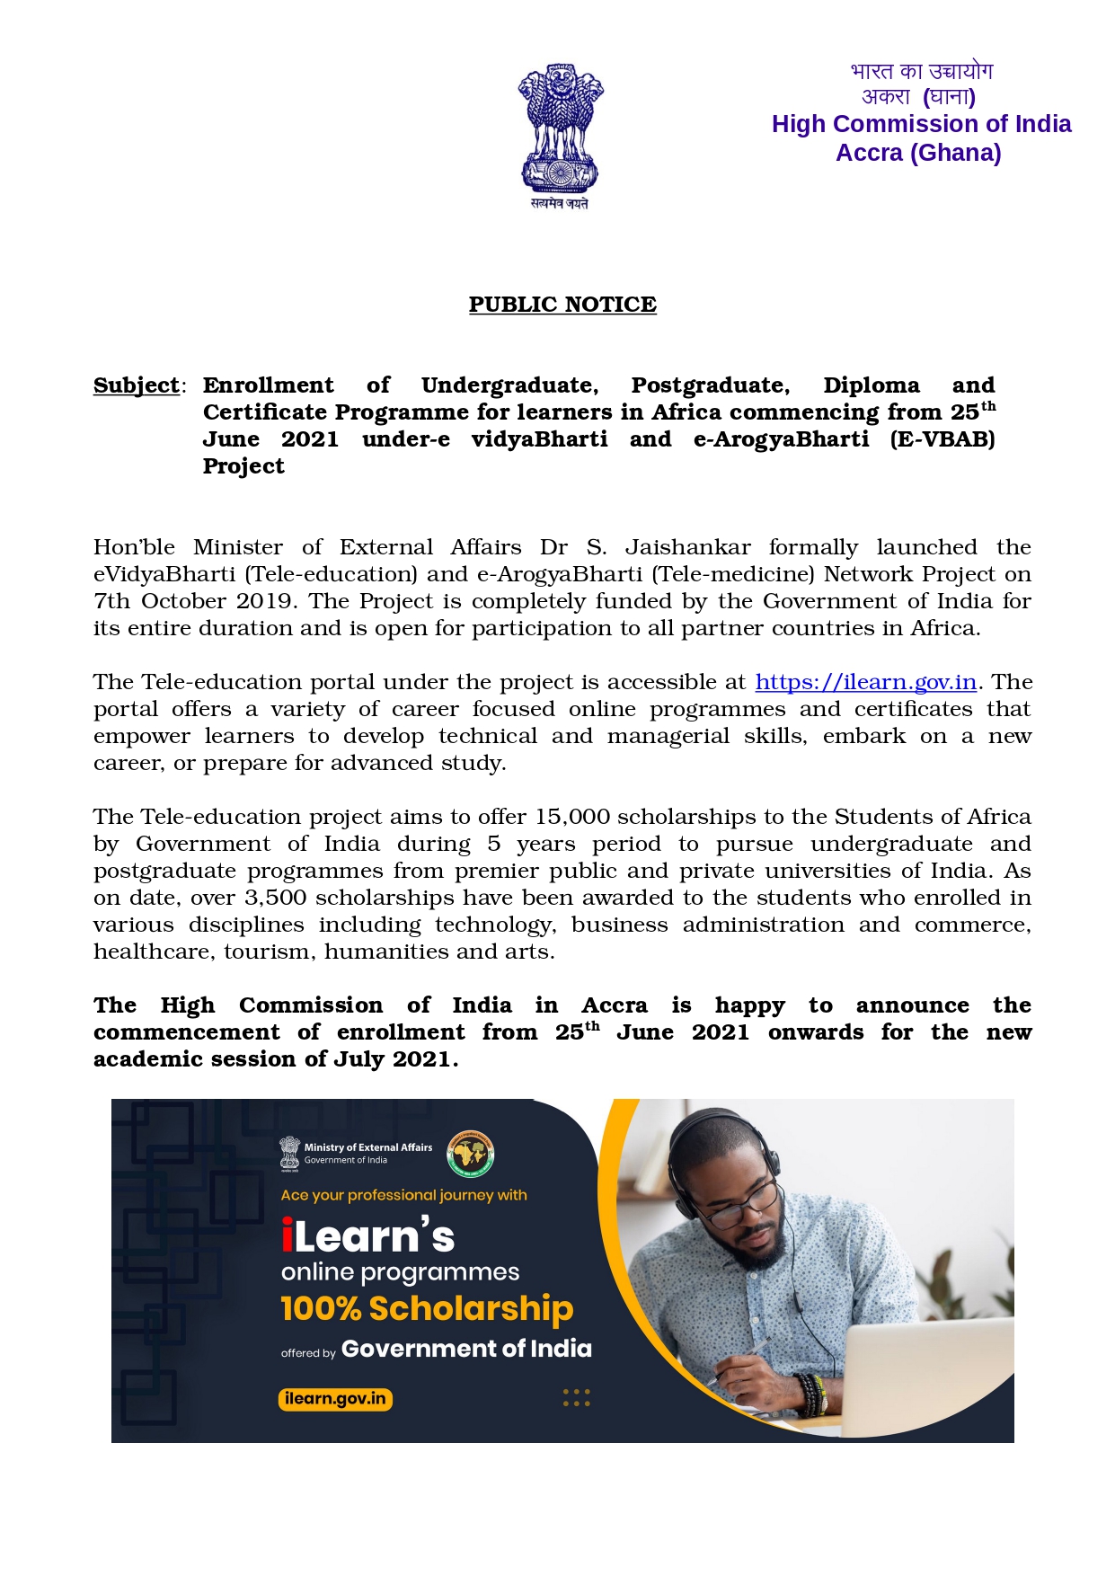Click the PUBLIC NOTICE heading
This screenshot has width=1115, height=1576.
(x=562, y=305)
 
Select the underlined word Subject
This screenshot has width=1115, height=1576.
(x=137, y=385)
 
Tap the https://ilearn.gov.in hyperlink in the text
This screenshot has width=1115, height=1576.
(x=865, y=682)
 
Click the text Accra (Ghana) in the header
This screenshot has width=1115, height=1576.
(x=918, y=153)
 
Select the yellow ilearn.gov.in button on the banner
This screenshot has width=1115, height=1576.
(x=335, y=1399)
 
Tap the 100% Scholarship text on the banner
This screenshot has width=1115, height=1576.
(x=427, y=1308)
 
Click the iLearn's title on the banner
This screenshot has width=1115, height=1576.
(x=367, y=1237)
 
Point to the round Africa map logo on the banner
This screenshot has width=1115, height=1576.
(x=471, y=1154)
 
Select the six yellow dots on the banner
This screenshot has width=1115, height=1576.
(x=576, y=1397)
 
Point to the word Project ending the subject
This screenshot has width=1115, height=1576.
(x=243, y=466)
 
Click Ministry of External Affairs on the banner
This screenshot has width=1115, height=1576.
(x=367, y=1147)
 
